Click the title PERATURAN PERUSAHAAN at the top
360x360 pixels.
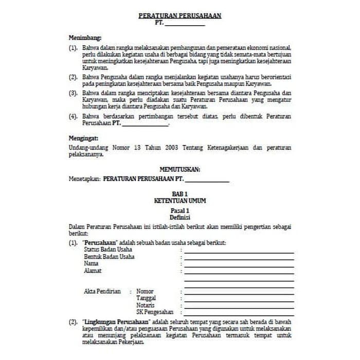179,16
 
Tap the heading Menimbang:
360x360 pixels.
85,38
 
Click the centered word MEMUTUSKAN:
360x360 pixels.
179,169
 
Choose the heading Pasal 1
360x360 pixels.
179,211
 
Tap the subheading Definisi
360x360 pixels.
179,218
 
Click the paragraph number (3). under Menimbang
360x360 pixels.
74,93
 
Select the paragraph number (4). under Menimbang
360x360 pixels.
74,117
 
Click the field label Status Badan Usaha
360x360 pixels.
104,249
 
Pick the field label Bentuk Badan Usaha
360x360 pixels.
105,257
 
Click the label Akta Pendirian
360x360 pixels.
102,291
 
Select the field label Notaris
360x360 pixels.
146,305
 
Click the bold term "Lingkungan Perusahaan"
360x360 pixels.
112,320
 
